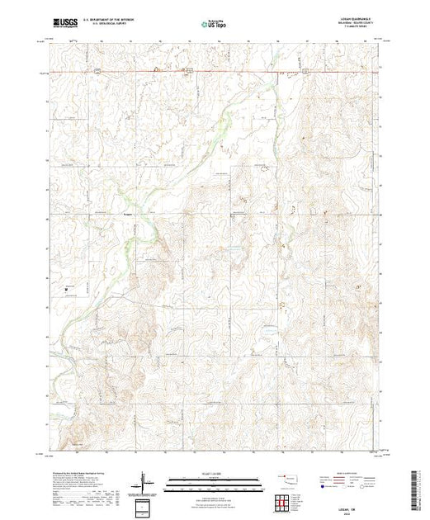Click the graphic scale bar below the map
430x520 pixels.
pyautogui.click(x=215, y=482)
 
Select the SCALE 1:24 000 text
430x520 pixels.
pyautogui.click(x=215, y=473)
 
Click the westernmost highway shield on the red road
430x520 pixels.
pyautogui.click(x=97, y=72)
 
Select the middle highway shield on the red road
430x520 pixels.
pyautogui.click(x=188, y=72)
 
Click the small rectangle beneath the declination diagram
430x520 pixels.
pyautogui.click(x=147, y=505)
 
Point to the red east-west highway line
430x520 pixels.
pyautogui.click(x=248, y=73)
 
